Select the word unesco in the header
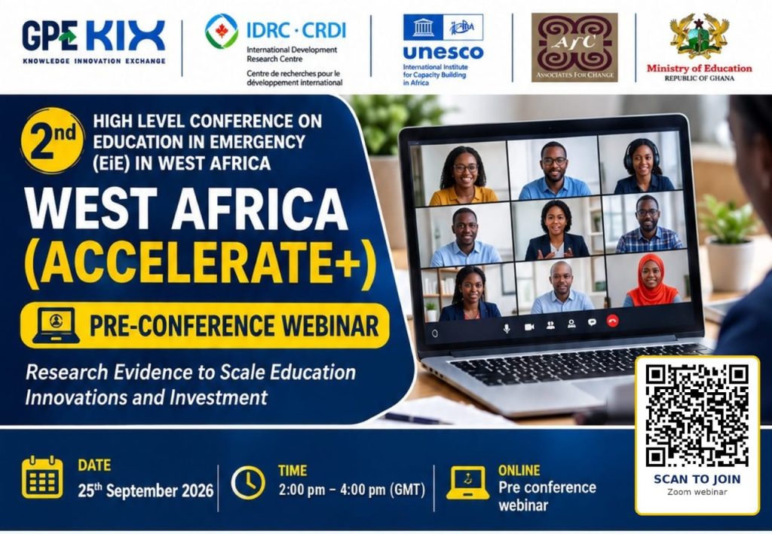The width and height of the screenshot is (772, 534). click(443, 52)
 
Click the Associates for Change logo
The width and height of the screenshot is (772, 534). click(574, 48)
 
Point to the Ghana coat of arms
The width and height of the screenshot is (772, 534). click(699, 37)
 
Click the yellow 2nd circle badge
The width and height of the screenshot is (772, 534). click(52, 140)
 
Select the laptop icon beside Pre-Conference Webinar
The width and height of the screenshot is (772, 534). click(56, 325)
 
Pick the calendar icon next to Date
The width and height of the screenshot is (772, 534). click(42, 477)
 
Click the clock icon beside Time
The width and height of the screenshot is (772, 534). click(248, 483)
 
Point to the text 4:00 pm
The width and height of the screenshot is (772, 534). click(363, 489)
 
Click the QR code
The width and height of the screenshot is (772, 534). click(697, 416)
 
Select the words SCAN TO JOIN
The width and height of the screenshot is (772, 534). click(697, 479)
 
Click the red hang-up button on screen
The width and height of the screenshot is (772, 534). click(612, 321)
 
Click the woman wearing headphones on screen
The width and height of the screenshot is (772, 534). click(643, 166)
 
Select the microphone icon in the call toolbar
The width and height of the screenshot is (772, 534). click(507, 329)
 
